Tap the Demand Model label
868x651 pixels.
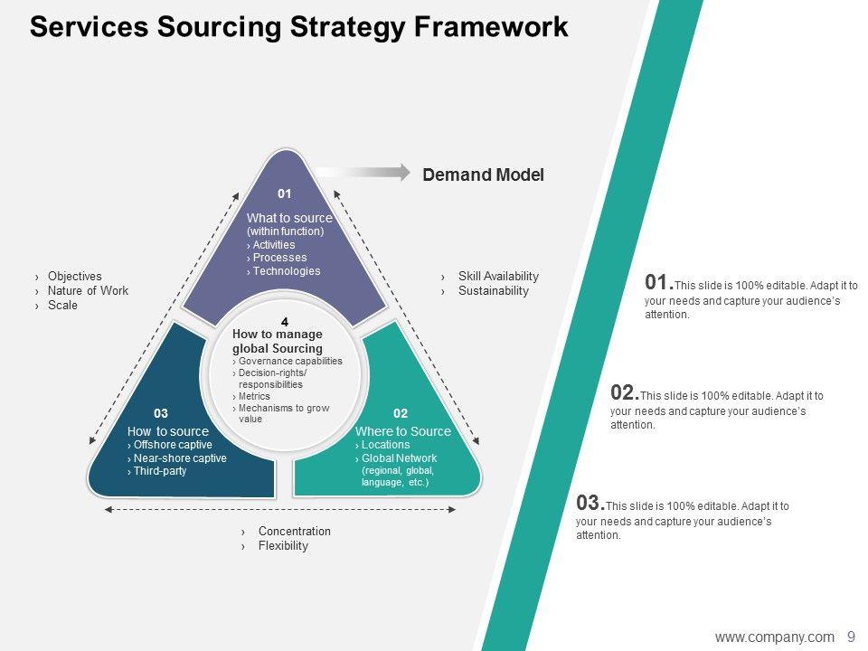[483, 175]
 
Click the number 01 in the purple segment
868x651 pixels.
[285, 193]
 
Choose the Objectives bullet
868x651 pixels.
[74, 277]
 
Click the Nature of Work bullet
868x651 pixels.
[88, 291]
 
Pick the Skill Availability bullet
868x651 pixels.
[497, 277]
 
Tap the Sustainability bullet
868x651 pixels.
[493, 291]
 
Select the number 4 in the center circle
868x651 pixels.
[285, 323]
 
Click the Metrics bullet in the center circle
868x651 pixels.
[254, 396]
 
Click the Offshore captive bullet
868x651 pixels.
[172, 445]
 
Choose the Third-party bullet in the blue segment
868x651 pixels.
[159, 471]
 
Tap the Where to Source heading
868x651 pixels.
[402, 431]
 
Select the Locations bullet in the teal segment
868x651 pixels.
[384, 445]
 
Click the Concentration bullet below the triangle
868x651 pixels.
[294, 532]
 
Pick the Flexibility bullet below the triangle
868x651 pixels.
[282, 546]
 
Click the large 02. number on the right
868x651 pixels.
[625, 392]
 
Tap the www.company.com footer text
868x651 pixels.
[774, 637]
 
